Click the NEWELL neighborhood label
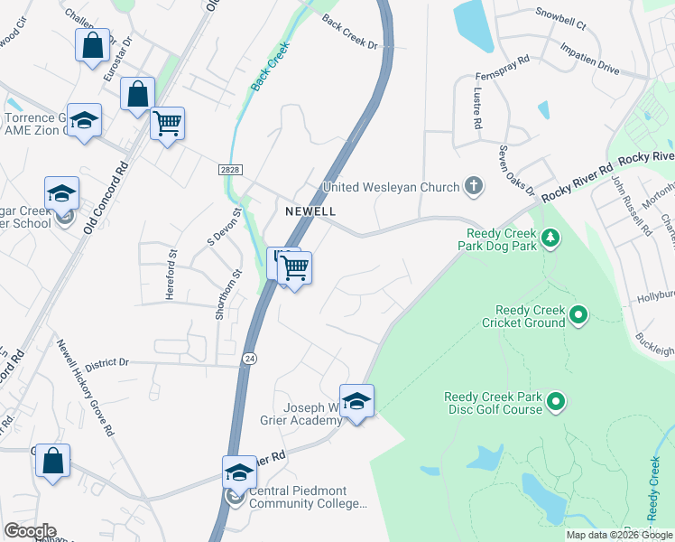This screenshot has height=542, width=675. tap(310, 211)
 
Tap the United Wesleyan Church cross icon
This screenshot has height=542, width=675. tap(473, 187)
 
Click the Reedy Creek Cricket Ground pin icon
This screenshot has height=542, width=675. tap(578, 315)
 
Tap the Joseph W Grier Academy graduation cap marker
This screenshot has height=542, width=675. tap(356, 400)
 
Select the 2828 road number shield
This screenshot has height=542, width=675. tap(229, 170)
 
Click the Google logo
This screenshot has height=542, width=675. tap(30, 530)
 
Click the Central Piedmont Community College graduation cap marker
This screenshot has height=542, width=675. tap(239, 472)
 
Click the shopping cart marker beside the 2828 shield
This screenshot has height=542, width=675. tap(167, 123)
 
